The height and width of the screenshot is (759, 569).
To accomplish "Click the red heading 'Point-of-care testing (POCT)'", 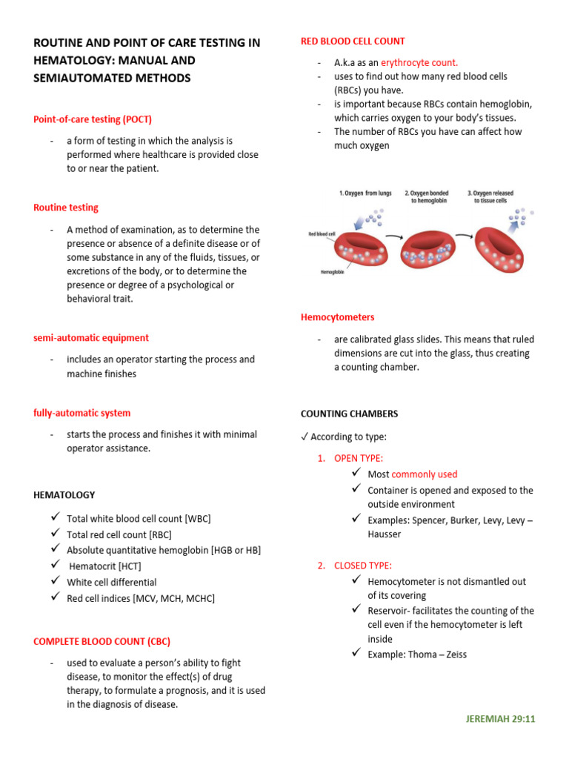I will click(x=93, y=119).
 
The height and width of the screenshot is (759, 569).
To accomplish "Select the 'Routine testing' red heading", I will click(x=66, y=208).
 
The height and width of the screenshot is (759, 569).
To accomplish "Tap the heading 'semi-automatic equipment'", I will click(x=91, y=338).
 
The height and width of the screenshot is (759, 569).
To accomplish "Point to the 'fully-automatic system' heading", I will click(x=82, y=413).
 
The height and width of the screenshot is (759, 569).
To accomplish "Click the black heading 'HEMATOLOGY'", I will click(x=64, y=495).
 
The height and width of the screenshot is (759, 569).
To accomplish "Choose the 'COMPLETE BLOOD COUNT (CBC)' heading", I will click(x=107, y=641).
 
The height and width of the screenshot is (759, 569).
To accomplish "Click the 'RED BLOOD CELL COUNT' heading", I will click(x=353, y=42).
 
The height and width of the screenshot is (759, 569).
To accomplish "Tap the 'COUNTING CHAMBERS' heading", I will click(x=349, y=414).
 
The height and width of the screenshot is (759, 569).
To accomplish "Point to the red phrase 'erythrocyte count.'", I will click(x=417, y=63).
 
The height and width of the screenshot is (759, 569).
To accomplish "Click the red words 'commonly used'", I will click(x=424, y=474).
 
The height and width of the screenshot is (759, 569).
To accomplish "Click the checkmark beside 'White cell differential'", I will click(x=56, y=582).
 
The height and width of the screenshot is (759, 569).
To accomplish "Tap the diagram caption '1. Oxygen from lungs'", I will click(x=366, y=193).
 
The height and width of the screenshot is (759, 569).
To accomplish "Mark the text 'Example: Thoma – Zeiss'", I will click(x=417, y=654).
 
